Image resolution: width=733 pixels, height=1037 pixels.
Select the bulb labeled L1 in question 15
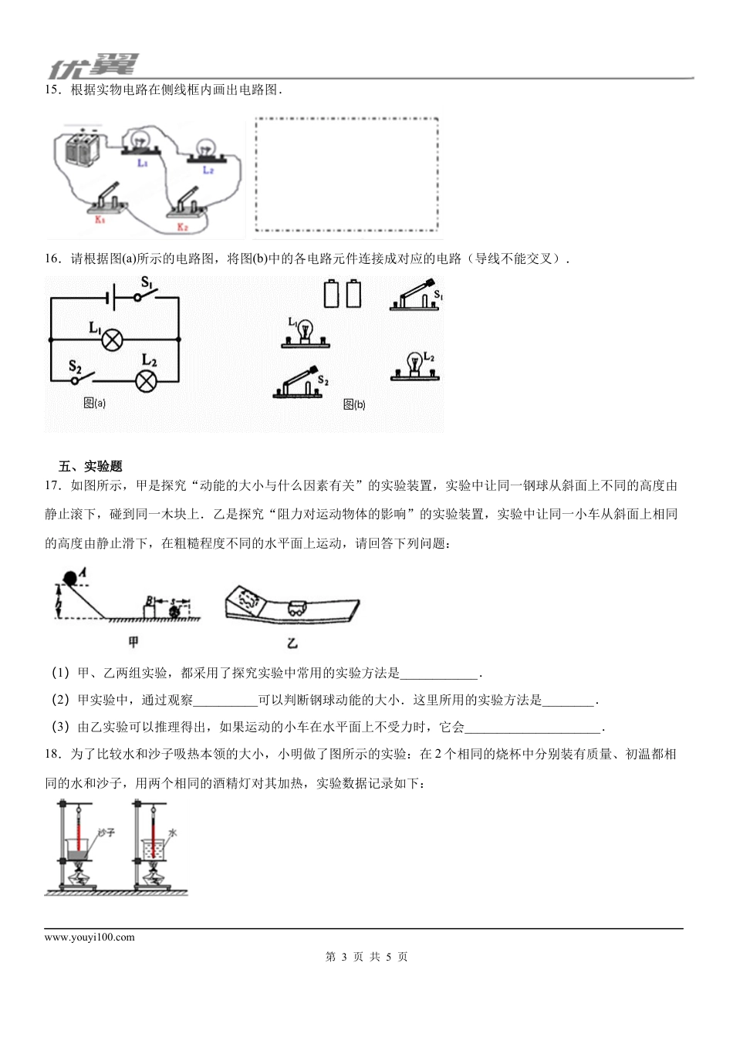pos(141,142)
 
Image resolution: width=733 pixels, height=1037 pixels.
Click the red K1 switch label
pos(100,220)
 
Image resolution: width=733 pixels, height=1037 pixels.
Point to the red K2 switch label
pos(183,227)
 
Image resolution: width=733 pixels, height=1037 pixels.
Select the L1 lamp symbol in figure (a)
pos(113,339)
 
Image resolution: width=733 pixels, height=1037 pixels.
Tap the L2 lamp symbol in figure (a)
pos(146,380)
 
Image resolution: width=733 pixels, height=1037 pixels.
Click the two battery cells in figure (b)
pos(343,293)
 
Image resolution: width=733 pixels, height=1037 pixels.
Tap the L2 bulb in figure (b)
pos(416,366)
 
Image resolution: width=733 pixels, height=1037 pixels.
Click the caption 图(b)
pos(353,404)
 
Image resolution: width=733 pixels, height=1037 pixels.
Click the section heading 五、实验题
pos(90,466)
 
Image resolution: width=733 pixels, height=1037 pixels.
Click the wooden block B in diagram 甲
pos(151,607)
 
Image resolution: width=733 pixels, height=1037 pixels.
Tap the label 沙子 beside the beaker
pos(106,833)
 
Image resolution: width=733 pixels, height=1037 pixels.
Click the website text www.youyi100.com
pos(90,937)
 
